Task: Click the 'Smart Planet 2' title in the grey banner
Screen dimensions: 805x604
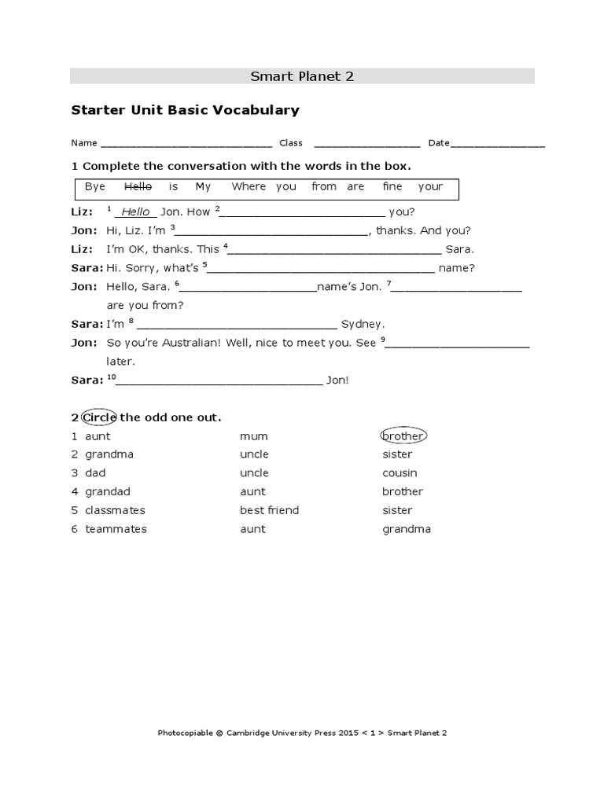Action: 302,76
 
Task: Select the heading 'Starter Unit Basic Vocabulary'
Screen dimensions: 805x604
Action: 186,110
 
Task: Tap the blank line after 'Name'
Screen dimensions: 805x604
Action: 186,145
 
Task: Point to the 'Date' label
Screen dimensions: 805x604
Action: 439,143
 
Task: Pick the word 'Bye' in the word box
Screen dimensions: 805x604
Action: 95,186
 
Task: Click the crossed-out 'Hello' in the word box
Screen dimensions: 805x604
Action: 138,186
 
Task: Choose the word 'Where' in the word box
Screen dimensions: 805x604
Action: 249,186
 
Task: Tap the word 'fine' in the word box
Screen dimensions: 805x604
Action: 392,186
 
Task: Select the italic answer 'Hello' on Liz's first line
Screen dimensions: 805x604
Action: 135,212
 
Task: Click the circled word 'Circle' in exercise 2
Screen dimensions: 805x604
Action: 100,417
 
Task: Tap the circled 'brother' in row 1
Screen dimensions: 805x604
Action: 403,436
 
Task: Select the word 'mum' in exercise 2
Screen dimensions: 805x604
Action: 254,436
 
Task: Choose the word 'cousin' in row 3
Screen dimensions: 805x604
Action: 400,473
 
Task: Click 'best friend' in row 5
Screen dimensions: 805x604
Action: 270,510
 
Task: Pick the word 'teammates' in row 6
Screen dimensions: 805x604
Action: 116,529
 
